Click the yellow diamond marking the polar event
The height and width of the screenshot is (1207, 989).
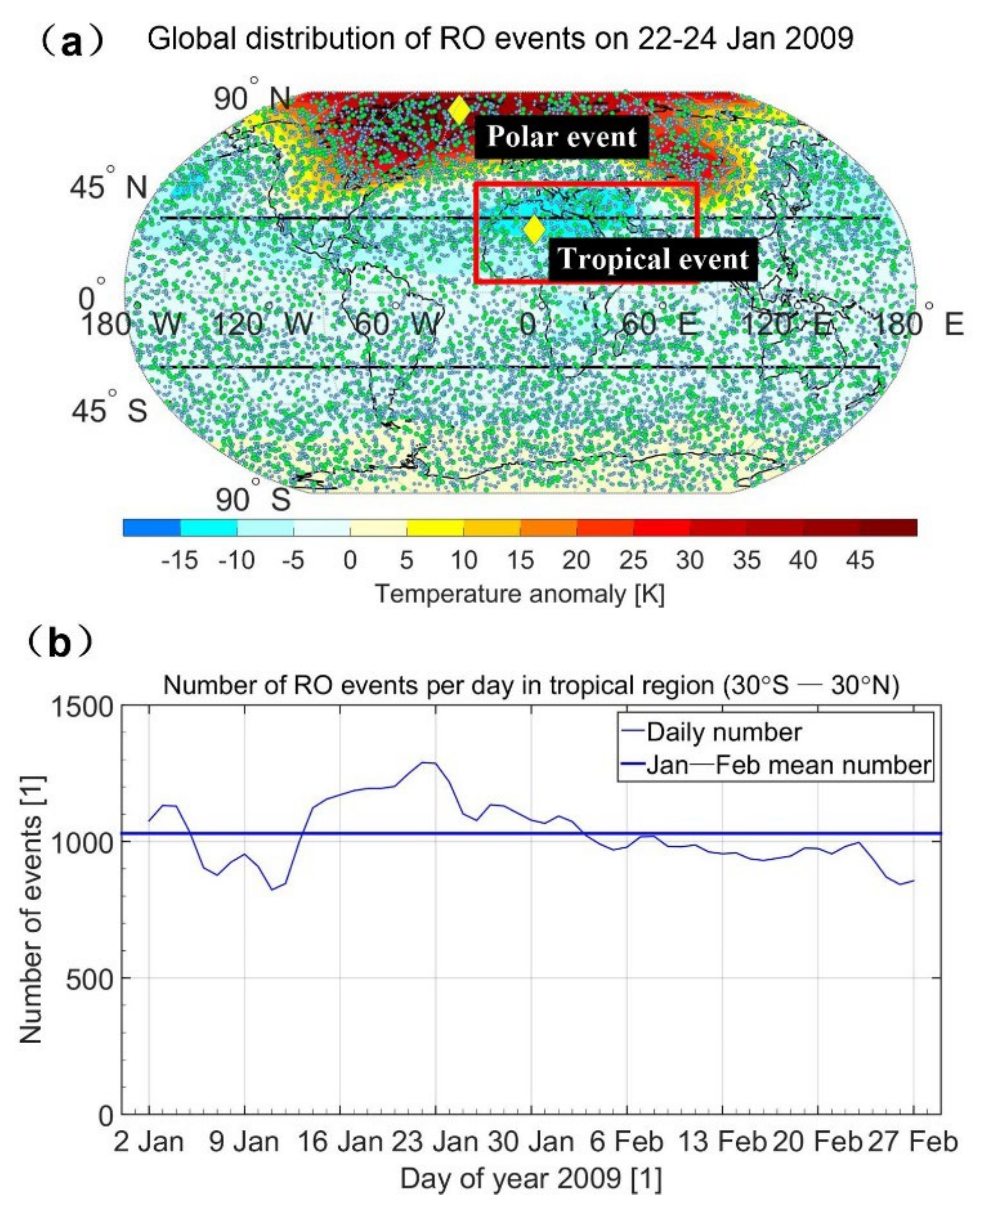(x=459, y=110)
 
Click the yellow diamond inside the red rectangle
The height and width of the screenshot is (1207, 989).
(x=534, y=229)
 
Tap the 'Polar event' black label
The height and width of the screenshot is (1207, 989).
(x=562, y=137)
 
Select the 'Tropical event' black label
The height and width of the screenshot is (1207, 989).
(x=652, y=258)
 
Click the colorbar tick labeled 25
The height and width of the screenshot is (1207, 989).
(x=633, y=561)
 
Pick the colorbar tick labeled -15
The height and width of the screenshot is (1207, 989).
(x=180, y=561)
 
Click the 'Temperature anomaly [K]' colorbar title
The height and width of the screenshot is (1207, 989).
(x=520, y=595)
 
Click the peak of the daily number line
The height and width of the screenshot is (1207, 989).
(x=428, y=763)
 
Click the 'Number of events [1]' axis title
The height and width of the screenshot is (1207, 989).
(x=31, y=910)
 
